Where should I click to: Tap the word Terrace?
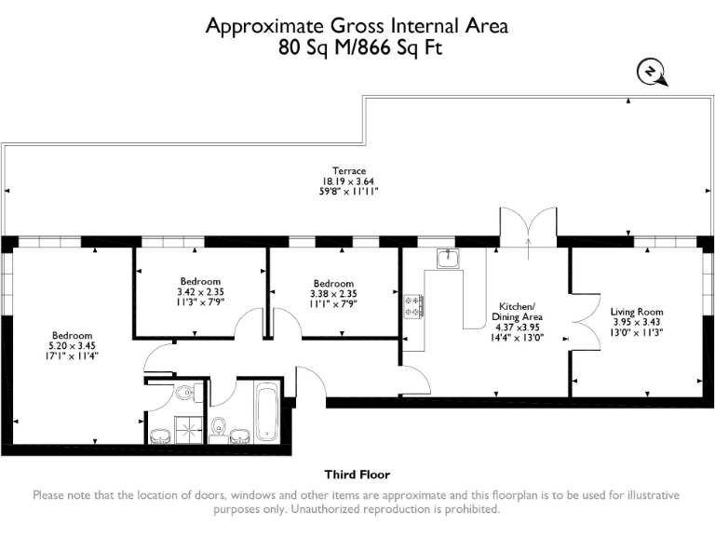click(x=350, y=170)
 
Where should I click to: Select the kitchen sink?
click(x=448, y=258)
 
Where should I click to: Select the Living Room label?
click(x=637, y=312)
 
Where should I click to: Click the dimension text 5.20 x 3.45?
click(x=72, y=345)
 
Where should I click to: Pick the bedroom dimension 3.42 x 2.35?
click(x=200, y=291)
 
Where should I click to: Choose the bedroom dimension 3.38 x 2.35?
click(x=333, y=293)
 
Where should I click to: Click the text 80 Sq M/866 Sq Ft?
click(x=357, y=48)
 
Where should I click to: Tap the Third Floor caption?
click(x=357, y=474)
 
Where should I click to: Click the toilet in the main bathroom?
click(x=220, y=427)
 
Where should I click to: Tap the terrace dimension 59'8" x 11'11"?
click(x=350, y=191)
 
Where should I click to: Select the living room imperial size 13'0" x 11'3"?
click(x=637, y=332)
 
